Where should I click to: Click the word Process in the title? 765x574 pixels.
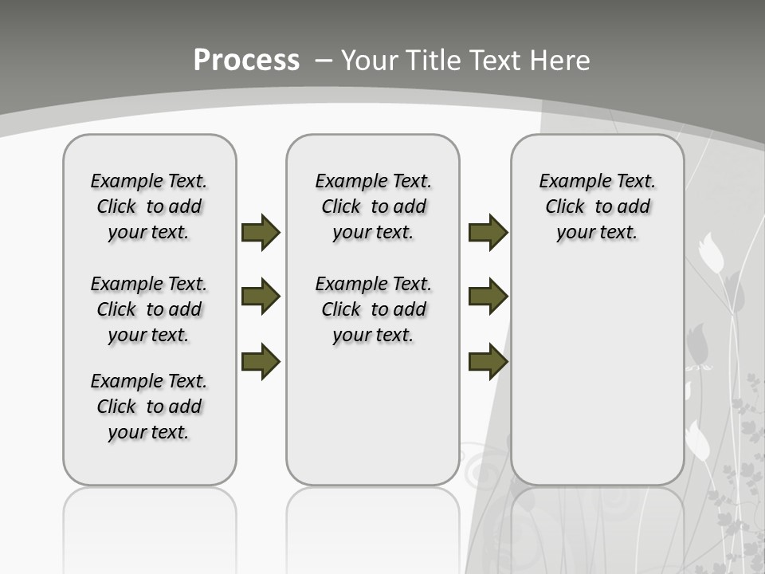pos(246,60)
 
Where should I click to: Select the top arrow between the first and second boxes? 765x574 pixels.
pos(261,232)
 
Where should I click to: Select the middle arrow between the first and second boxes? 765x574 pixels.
pos(261,297)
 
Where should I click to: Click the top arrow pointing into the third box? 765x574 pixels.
pos(488,232)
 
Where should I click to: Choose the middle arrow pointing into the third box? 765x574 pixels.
pos(488,297)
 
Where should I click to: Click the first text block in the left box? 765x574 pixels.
pos(149,206)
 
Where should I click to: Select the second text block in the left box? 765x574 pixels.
pos(149,309)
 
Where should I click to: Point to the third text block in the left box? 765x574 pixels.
pos(149,407)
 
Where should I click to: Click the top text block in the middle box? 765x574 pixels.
pos(373,206)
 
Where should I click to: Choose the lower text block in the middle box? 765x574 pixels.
pos(373,309)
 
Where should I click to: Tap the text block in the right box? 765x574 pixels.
pos(597,206)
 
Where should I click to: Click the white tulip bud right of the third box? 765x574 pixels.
pos(711,254)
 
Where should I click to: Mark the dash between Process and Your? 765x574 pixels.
pos(323,61)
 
